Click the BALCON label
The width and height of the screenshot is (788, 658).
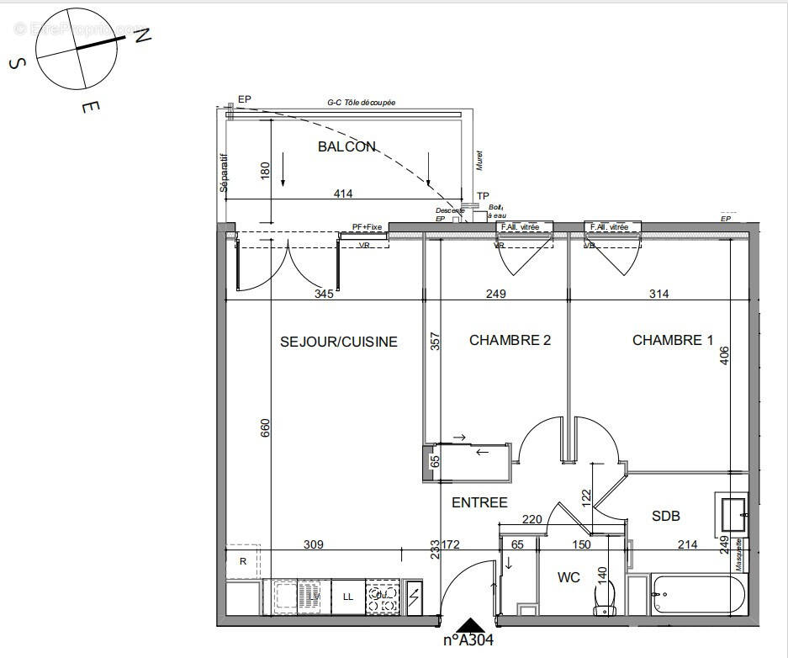pos(346,146)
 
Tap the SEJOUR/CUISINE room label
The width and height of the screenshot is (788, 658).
pos(338,342)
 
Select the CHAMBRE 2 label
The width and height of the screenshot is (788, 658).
pos(510,340)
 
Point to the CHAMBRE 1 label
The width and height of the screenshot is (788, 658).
pos(672,340)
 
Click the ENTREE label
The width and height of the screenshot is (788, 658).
pos(479,502)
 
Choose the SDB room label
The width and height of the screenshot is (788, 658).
pos(665,516)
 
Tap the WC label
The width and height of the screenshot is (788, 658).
pos(569,578)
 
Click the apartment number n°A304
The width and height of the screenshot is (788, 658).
pos(468,640)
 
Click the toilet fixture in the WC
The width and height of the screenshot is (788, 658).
pos(602,598)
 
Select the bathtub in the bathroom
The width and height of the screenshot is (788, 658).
pos(697,595)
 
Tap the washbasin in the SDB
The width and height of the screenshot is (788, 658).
pos(732,509)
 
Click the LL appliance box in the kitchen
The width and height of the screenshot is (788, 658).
pos(347,597)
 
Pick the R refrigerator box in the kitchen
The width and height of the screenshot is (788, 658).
pos(243,562)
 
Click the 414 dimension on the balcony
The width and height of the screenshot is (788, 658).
pos(343,194)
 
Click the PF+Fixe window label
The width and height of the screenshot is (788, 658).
pos(367,227)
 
